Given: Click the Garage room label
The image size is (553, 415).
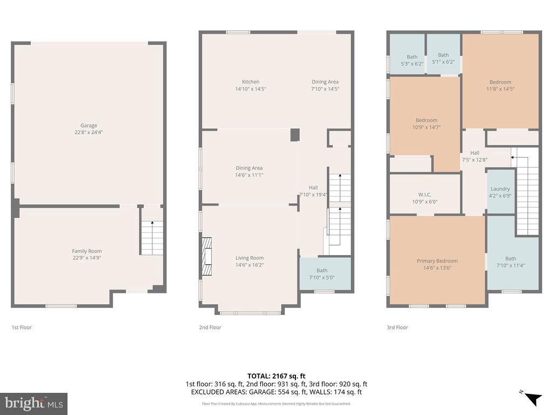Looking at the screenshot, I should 89,125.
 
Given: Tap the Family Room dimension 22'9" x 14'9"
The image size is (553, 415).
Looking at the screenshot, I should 87,258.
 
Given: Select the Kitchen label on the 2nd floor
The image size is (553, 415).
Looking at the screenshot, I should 250,82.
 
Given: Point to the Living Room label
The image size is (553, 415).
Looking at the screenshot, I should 249,258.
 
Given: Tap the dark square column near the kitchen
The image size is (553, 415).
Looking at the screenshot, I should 294,135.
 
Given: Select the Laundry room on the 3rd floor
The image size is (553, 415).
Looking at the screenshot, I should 500,192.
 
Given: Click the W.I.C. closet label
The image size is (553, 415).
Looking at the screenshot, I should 424,195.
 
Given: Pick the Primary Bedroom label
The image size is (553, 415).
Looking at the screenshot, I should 437,261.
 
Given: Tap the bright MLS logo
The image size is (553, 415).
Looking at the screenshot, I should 33,403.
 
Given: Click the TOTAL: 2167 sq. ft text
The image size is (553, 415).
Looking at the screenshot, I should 276,376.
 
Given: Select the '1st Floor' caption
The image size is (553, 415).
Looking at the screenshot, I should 22,327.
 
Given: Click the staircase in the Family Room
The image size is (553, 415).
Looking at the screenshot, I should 152,238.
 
